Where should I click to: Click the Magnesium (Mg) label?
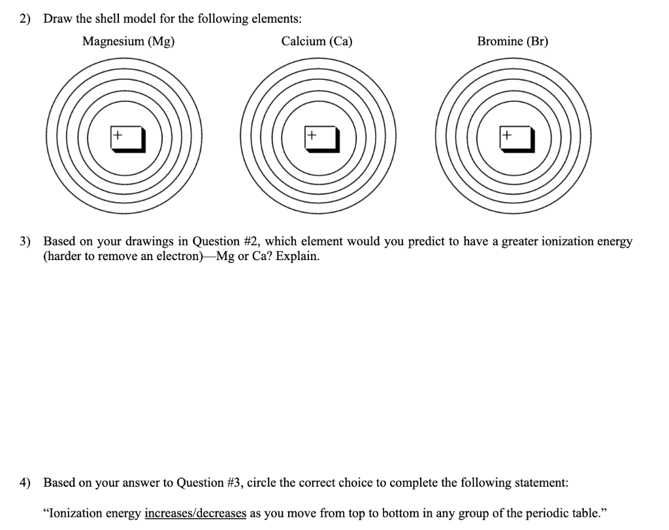pos(128,42)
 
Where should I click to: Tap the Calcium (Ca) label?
pos(317,42)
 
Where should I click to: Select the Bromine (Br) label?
pos(513,42)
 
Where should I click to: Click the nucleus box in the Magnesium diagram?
pos(127,139)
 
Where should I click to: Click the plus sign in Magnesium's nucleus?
pos(117,135)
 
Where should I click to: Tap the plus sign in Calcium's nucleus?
pos(312,135)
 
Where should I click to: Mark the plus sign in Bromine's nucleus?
pos(507,135)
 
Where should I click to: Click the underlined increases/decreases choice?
pos(195,513)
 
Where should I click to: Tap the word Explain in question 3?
pos(297,256)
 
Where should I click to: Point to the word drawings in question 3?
pos(141,242)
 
